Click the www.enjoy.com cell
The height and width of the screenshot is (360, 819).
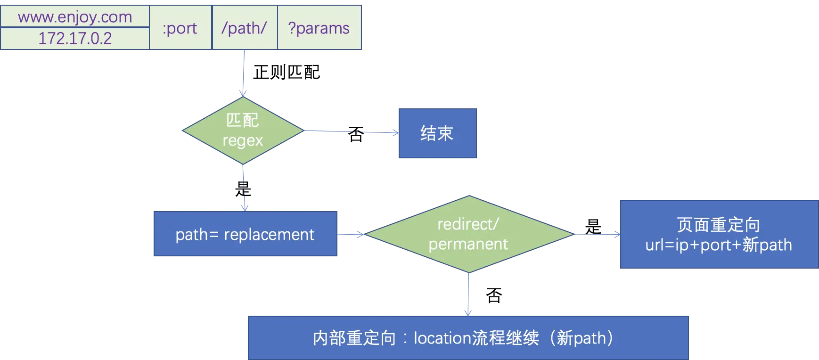(x=75, y=17)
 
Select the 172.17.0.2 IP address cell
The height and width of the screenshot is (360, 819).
(x=75, y=38)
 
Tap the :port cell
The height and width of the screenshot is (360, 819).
(x=180, y=28)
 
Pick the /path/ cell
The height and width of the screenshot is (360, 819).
(x=244, y=28)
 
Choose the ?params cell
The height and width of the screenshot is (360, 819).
(x=319, y=28)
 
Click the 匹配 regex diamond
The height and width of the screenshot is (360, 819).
(x=243, y=131)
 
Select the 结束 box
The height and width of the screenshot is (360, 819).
(x=437, y=132)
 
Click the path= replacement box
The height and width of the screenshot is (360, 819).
(x=245, y=234)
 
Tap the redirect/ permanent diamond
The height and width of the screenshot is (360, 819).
(x=468, y=234)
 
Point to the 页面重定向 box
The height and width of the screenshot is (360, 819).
(x=718, y=234)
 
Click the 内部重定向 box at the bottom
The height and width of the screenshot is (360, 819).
(x=468, y=338)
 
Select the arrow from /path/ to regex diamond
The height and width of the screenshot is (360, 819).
(x=243, y=73)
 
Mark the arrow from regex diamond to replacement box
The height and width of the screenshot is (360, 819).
(x=244, y=188)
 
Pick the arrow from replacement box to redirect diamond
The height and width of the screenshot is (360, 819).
(x=352, y=234)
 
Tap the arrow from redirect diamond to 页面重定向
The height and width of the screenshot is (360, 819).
(x=597, y=235)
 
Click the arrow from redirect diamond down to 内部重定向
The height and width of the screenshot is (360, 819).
(x=468, y=294)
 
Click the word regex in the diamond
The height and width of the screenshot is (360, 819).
(x=243, y=140)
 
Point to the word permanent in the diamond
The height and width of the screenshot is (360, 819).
(x=468, y=244)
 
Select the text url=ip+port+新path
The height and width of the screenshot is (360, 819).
(x=718, y=245)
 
